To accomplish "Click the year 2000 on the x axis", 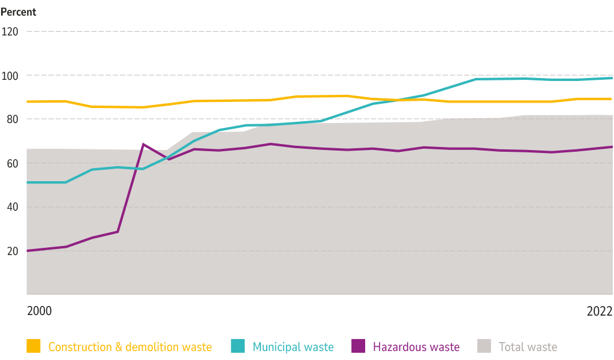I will click(39, 311).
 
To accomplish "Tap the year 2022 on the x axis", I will click(599, 311).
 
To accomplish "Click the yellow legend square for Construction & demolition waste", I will click(34, 346).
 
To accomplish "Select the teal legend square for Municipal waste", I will click(238, 346).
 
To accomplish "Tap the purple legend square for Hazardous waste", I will click(359, 346).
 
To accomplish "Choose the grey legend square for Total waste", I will click(484, 346).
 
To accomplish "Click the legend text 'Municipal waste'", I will click(293, 347).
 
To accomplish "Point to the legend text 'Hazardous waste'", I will click(416, 347).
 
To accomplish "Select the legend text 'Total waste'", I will click(528, 347).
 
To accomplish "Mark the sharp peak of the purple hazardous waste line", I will click(143, 144).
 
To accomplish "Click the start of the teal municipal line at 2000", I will click(27, 182).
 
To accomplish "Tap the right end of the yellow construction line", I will click(611, 98).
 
